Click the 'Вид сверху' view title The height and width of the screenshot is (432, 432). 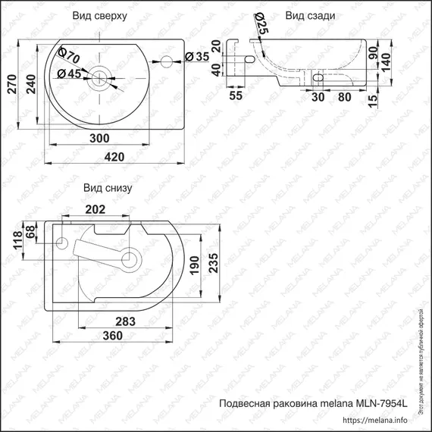[99, 15]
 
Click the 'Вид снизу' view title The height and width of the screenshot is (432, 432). [108, 189]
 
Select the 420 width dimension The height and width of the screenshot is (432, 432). [114, 157]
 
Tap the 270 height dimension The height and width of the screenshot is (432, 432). [10, 89]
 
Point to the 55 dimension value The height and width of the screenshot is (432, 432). [236, 97]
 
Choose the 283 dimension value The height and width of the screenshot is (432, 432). [126, 321]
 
